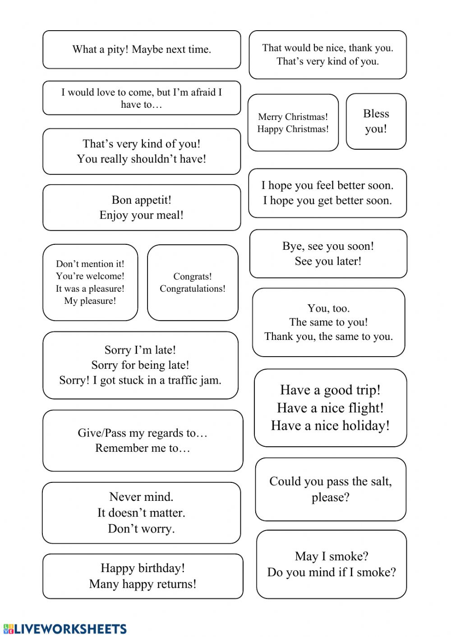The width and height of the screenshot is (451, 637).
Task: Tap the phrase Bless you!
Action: pos(376,121)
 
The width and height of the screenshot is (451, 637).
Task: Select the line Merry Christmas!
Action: pos(293,117)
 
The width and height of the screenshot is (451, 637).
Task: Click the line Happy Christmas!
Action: pos(293,129)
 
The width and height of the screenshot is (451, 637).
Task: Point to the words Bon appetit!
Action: pos(142,200)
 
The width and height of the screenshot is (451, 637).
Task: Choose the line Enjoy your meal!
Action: pos(142,215)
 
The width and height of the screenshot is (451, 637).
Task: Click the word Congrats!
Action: pos(192,276)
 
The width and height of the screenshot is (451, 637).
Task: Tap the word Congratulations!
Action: pos(192,289)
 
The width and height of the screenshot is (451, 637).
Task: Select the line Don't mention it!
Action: pos(90,264)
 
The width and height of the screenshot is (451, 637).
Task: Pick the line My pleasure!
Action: pos(90,301)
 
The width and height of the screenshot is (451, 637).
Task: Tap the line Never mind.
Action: pos(141,497)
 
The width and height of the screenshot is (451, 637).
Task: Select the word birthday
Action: pos(160,568)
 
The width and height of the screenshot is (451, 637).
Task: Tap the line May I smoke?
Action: pos(331,556)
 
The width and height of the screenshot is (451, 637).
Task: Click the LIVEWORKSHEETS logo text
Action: pos(70,629)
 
